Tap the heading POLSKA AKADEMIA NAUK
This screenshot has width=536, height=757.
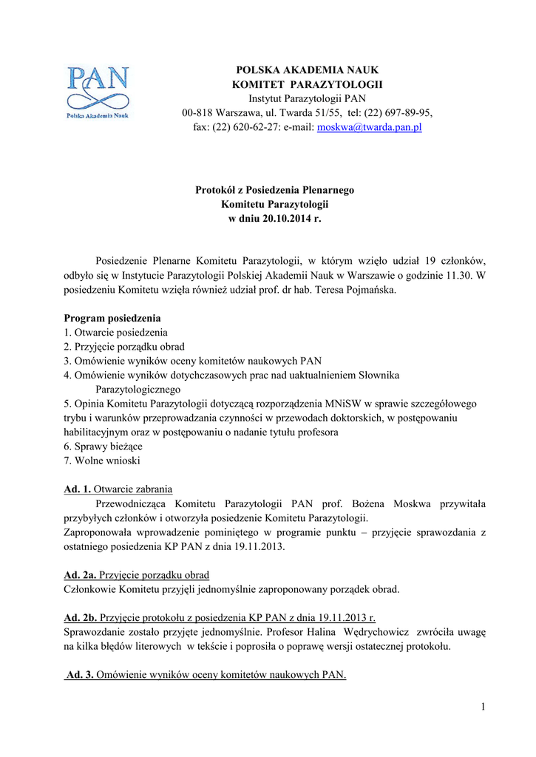[x=307, y=70]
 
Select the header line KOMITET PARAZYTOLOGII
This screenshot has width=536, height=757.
[x=307, y=84]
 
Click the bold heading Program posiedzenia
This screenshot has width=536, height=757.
[x=112, y=319]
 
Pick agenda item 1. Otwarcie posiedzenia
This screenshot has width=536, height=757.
[x=115, y=333]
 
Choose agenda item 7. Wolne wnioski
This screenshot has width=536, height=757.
[x=102, y=461]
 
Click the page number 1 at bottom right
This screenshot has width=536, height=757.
[x=483, y=707]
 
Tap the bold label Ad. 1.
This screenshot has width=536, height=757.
[x=77, y=489]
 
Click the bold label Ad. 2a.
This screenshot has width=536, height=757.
[x=80, y=574]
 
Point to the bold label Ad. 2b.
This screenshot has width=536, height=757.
[x=80, y=617]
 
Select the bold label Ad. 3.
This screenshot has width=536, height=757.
[x=80, y=675]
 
